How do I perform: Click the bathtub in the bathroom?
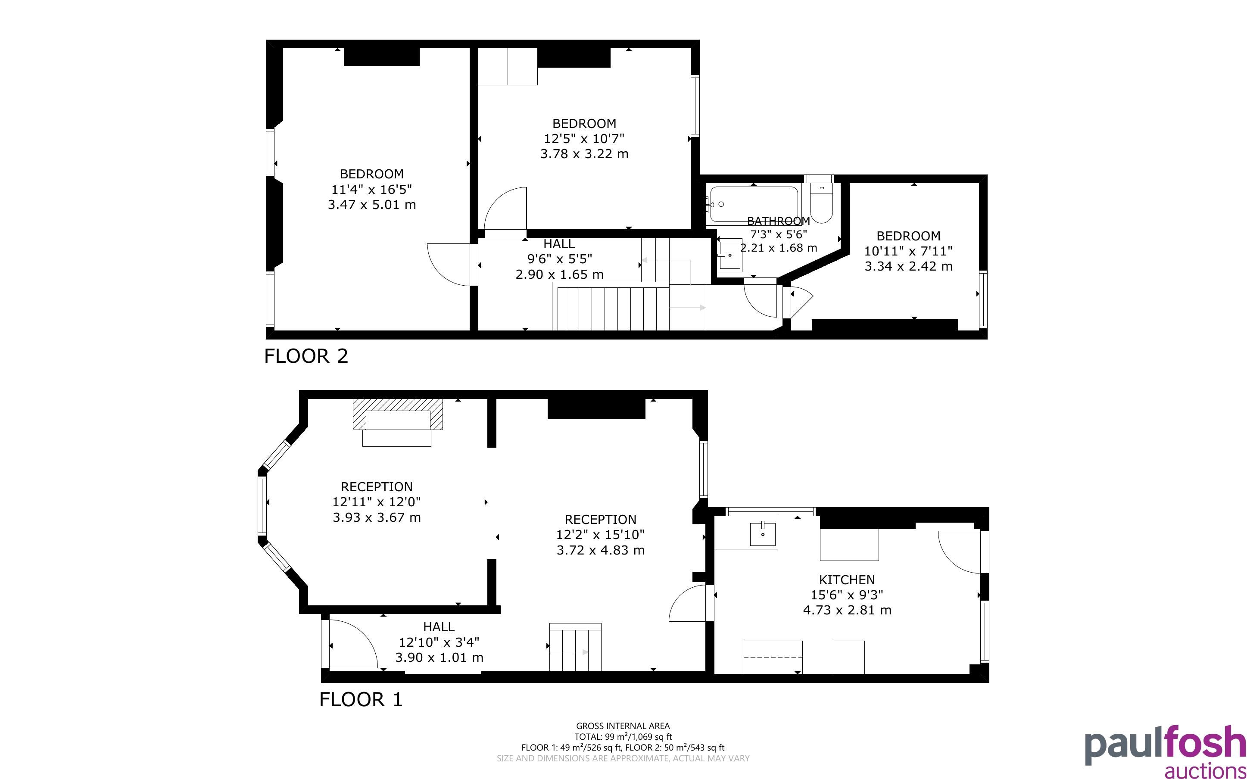tap(754, 205)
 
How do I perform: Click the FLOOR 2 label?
tap(306, 356)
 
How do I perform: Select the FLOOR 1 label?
tap(361, 699)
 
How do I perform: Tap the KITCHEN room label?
tap(847, 580)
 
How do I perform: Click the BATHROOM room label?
tap(778, 221)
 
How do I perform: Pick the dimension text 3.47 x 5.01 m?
tap(372, 205)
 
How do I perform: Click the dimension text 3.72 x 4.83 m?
tap(601, 550)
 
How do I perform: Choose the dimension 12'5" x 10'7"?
tap(584, 139)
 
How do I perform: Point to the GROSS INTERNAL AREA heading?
tap(623, 726)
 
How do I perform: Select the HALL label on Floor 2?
tap(559, 244)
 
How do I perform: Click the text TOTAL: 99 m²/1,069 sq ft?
tap(623, 737)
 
